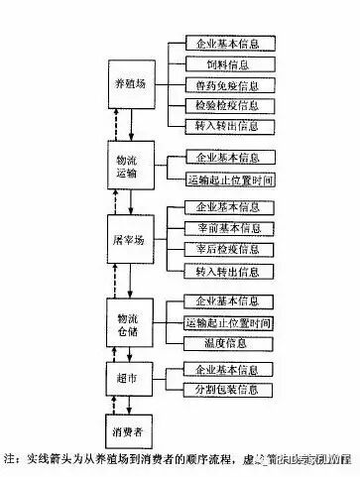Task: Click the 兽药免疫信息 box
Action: coord(229,85)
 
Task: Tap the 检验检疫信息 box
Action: coord(229,105)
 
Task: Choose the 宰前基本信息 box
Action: coord(229,228)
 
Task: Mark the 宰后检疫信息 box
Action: coord(229,249)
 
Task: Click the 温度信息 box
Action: coord(229,342)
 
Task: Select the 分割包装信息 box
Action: coord(229,388)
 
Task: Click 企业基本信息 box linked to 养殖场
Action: coord(229,46)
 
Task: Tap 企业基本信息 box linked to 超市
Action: coord(229,369)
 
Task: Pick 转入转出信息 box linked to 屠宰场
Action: coord(229,271)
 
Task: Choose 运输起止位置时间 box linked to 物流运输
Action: coord(229,180)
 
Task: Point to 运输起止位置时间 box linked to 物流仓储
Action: coord(229,322)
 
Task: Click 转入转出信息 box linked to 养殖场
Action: coord(229,126)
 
